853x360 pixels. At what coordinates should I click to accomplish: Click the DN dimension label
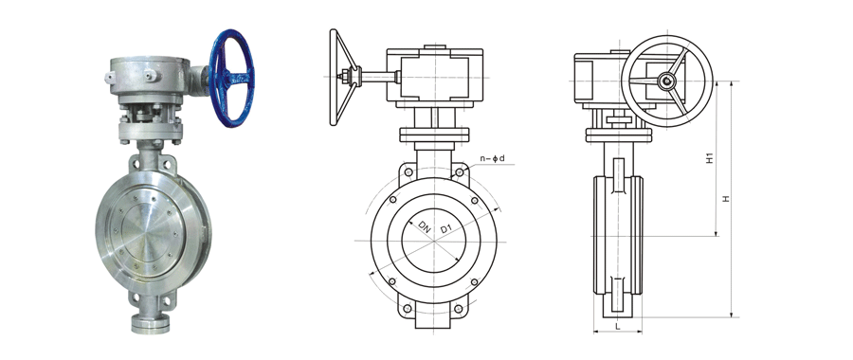pos(426,227)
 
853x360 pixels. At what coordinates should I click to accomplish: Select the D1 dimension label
pos(445,230)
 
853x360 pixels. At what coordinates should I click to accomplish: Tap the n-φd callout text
pos(492,159)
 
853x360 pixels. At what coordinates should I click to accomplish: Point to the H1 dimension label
pos(709,158)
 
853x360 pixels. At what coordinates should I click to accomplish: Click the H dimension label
pos(726,199)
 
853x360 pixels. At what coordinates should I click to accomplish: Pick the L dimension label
pos(617,326)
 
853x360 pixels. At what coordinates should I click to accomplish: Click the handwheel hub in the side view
pos(666,81)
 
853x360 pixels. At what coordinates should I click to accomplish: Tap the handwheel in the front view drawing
pos(344,78)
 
